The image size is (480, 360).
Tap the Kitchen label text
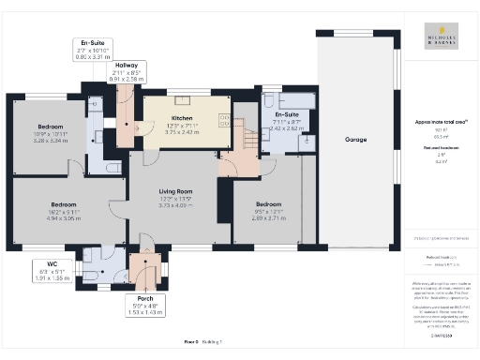(181, 119)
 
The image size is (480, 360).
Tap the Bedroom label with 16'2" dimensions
(64, 203)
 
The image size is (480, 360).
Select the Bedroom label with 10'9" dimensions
(51, 126)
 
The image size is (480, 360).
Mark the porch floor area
(144, 268)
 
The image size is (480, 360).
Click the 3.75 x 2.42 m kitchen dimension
(181, 132)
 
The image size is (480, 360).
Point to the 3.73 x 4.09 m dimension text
(176, 205)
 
